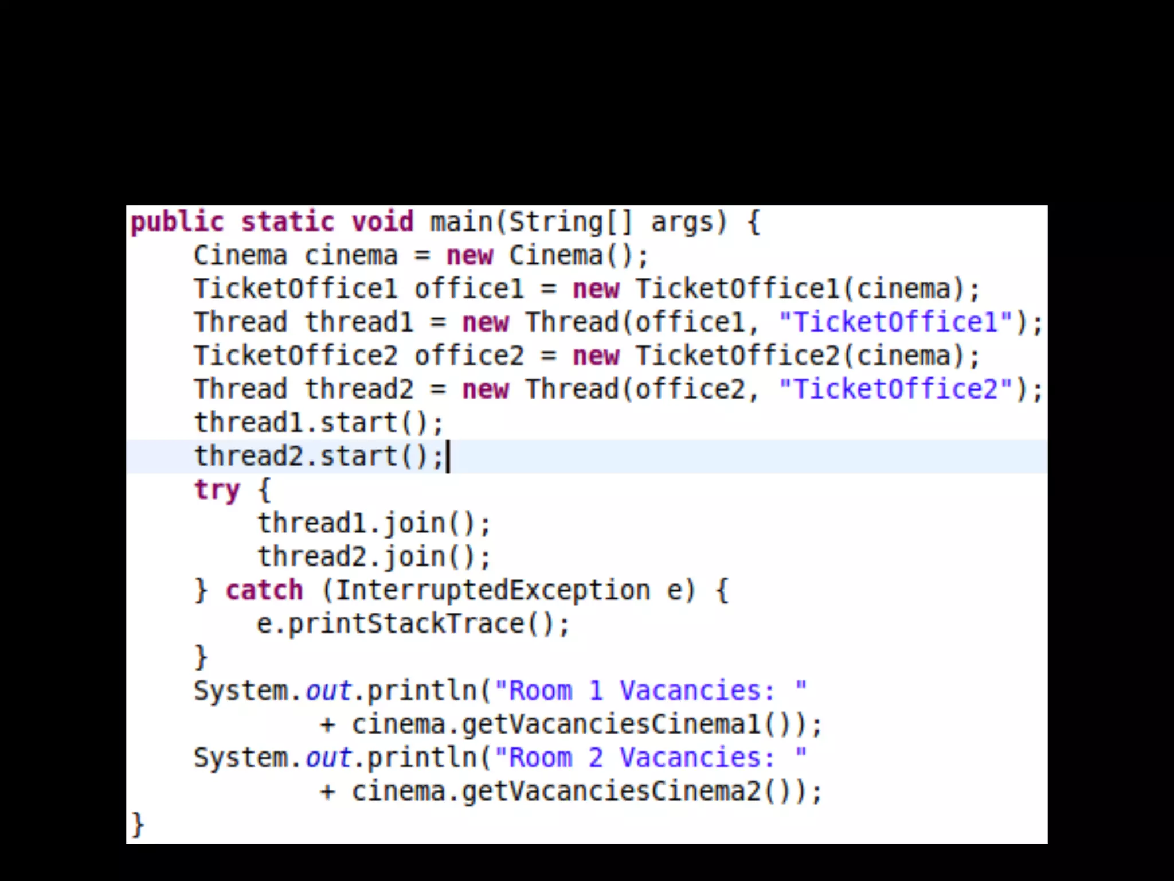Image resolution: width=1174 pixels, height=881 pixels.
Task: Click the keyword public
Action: coord(177,223)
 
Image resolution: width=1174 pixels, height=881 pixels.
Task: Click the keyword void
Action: coord(382,223)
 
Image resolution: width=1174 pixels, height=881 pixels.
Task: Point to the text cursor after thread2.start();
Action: coord(448,457)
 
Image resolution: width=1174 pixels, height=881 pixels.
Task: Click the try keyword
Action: coord(217,490)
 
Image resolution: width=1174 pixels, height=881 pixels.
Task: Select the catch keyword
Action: coord(264,591)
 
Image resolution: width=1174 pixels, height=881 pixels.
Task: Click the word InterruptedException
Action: coord(492,591)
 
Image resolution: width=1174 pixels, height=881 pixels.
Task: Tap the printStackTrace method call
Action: coord(406,624)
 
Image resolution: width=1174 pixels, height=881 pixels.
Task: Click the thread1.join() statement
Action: coord(374,524)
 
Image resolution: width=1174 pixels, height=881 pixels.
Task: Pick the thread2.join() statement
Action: coord(374,557)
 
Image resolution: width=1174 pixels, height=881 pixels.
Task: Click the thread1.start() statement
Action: coord(319,423)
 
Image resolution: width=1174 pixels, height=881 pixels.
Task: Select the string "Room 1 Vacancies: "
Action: coord(651,691)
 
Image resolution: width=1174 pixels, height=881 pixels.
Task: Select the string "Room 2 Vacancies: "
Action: coord(651,758)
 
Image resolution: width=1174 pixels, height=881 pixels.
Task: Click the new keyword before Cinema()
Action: coord(469,256)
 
